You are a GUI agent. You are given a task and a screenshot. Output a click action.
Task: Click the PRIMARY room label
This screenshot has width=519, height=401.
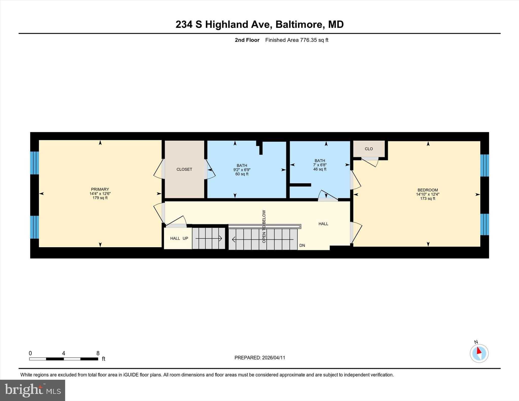point(100,189)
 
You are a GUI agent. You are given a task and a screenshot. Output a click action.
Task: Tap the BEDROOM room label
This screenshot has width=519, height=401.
point(428,190)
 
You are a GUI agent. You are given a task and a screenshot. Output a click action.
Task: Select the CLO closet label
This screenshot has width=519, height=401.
point(369,149)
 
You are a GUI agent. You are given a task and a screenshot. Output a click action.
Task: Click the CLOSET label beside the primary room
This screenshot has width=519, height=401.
point(184,169)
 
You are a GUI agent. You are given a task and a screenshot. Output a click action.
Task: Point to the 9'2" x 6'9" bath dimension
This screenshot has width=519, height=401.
point(242,170)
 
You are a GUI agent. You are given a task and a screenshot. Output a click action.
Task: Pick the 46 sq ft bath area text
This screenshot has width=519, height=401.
point(320,169)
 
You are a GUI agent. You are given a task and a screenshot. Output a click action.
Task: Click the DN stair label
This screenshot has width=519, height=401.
point(302,245)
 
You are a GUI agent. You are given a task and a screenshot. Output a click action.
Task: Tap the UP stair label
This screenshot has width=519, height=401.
point(185,238)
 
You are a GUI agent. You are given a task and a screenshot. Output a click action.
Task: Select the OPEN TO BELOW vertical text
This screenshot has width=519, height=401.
point(264,226)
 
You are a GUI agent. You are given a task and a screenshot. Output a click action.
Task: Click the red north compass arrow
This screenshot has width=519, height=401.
point(479,351)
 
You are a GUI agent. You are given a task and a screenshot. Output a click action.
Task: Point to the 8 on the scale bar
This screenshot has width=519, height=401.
point(98,353)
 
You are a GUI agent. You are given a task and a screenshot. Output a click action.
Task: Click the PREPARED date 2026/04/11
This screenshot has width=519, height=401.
point(273,358)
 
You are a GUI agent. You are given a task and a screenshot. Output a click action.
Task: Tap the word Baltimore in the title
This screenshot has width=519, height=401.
point(300,25)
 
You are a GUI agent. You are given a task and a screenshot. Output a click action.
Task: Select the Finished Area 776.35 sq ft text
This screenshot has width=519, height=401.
point(296,40)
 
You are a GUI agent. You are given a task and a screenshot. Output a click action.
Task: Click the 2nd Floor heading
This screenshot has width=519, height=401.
point(247,40)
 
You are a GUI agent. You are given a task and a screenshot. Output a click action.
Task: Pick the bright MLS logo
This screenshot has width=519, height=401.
point(33,390)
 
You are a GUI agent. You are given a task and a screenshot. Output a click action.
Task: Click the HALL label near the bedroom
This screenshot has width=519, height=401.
point(323,224)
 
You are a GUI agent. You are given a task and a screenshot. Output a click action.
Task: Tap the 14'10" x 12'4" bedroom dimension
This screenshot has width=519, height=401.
point(428,194)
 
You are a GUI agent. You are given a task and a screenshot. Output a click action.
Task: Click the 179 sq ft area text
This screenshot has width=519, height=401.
point(100,198)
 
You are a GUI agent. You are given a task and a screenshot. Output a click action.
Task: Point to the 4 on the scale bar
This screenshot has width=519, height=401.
point(63,353)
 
